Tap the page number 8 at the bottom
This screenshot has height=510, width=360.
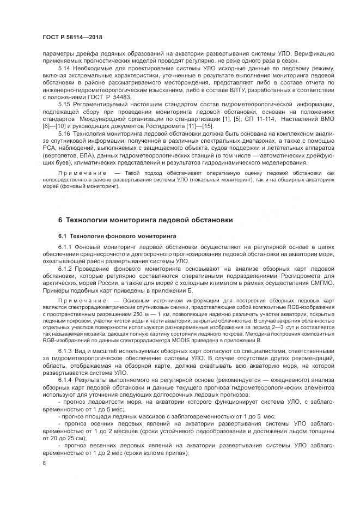[x=44, y=463]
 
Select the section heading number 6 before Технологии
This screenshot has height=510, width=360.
[x=60, y=220]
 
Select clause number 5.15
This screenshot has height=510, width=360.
[x=64, y=104]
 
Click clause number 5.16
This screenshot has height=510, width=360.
[x=64, y=133]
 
